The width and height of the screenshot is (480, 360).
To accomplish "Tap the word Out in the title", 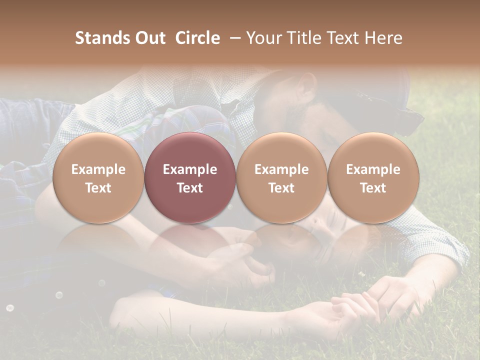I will click(x=149, y=38).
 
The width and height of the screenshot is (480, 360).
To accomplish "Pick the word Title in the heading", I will click(x=303, y=38).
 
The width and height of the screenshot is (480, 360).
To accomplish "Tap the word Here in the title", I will click(x=383, y=38).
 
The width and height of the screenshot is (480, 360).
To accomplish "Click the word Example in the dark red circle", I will click(x=190, y=169).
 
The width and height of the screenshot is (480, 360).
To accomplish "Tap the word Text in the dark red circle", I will click(x=190, y=188).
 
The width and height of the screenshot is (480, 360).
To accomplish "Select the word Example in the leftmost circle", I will click(x=98, y=169).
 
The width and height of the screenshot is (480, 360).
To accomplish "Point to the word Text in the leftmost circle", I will click(x=98, y=188).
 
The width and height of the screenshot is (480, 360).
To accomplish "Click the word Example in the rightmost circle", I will click(x=373, y=169).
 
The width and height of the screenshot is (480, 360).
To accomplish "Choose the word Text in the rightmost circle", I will click(x=373, y=188).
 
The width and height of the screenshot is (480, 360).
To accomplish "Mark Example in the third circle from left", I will click(x=281, y=169).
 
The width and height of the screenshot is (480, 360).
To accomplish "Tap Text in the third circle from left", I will click(x=281, y=188).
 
